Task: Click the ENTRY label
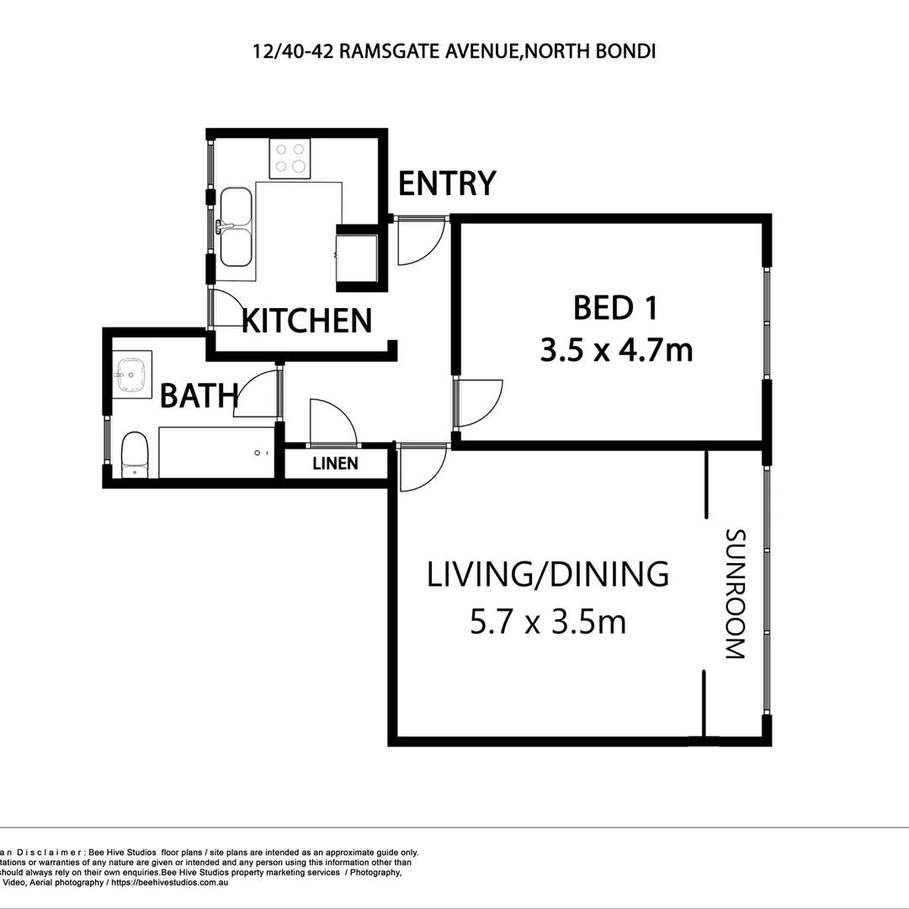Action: pyautogui.click(x=447, y=183)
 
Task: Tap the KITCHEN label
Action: pyautogui.click(x=307, y=321)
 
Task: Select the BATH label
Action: pyautogui.click(x=199, y=395)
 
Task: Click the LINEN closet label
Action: pyautogui.click(x=335, y=464)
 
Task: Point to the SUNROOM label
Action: pyautogui.click(x=735, y=593)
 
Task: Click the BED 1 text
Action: pyautogui.click(x=615, y=308)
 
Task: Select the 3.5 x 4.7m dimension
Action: pyautogui.click(x=616, y=349)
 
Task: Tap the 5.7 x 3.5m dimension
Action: pyautogui.click(x=548, y=623)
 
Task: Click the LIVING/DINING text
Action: pyautogui.click(x=548, y=574)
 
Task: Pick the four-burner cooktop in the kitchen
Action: pyautogui.click(x=290, y=158)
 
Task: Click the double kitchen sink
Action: pyautogui.click(x=237, y=226)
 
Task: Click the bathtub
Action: pyautogui.click(x=217, y=453)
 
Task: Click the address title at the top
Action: pyautogui.click(x=454, y=51)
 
